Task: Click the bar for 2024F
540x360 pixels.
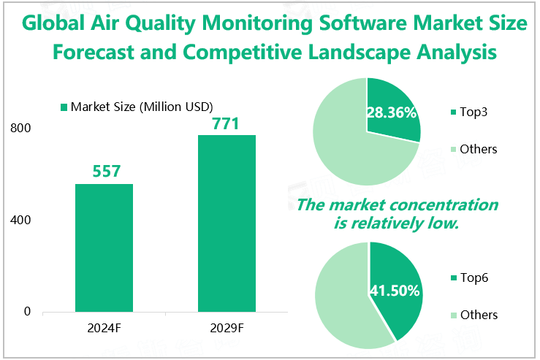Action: pyautogui.click(x=104, y=248)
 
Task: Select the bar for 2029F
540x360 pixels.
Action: pyautogui.click(x=227, y=223)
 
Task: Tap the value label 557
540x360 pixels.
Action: pyautogui.click(x=104, y=172)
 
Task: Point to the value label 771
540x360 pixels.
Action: pyautogui.click(x=226, y=123)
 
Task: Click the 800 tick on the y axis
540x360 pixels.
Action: pyautogui.click(x=20, y=129)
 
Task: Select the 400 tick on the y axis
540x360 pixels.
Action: pyautogui.click(x=20, y=220)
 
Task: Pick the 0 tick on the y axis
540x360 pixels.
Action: pyautogui.click(x=27, y=312)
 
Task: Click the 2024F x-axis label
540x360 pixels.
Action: pyautogui.click(x=104, y=329)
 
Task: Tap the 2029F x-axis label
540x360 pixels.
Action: pyautogui.click(x=227, y=329)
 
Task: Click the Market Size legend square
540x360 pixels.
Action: pyautogui.click(x=63, y=107)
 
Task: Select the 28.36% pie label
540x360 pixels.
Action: pyautogui.click(x=391, y=112)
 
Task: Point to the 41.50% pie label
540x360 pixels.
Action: pyautogui.click(x=395, y=291)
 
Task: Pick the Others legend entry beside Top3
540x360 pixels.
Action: pyautogui.click(x=478, y=149)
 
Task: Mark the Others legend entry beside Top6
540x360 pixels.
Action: pyautogui.click(x=478, y=315)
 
